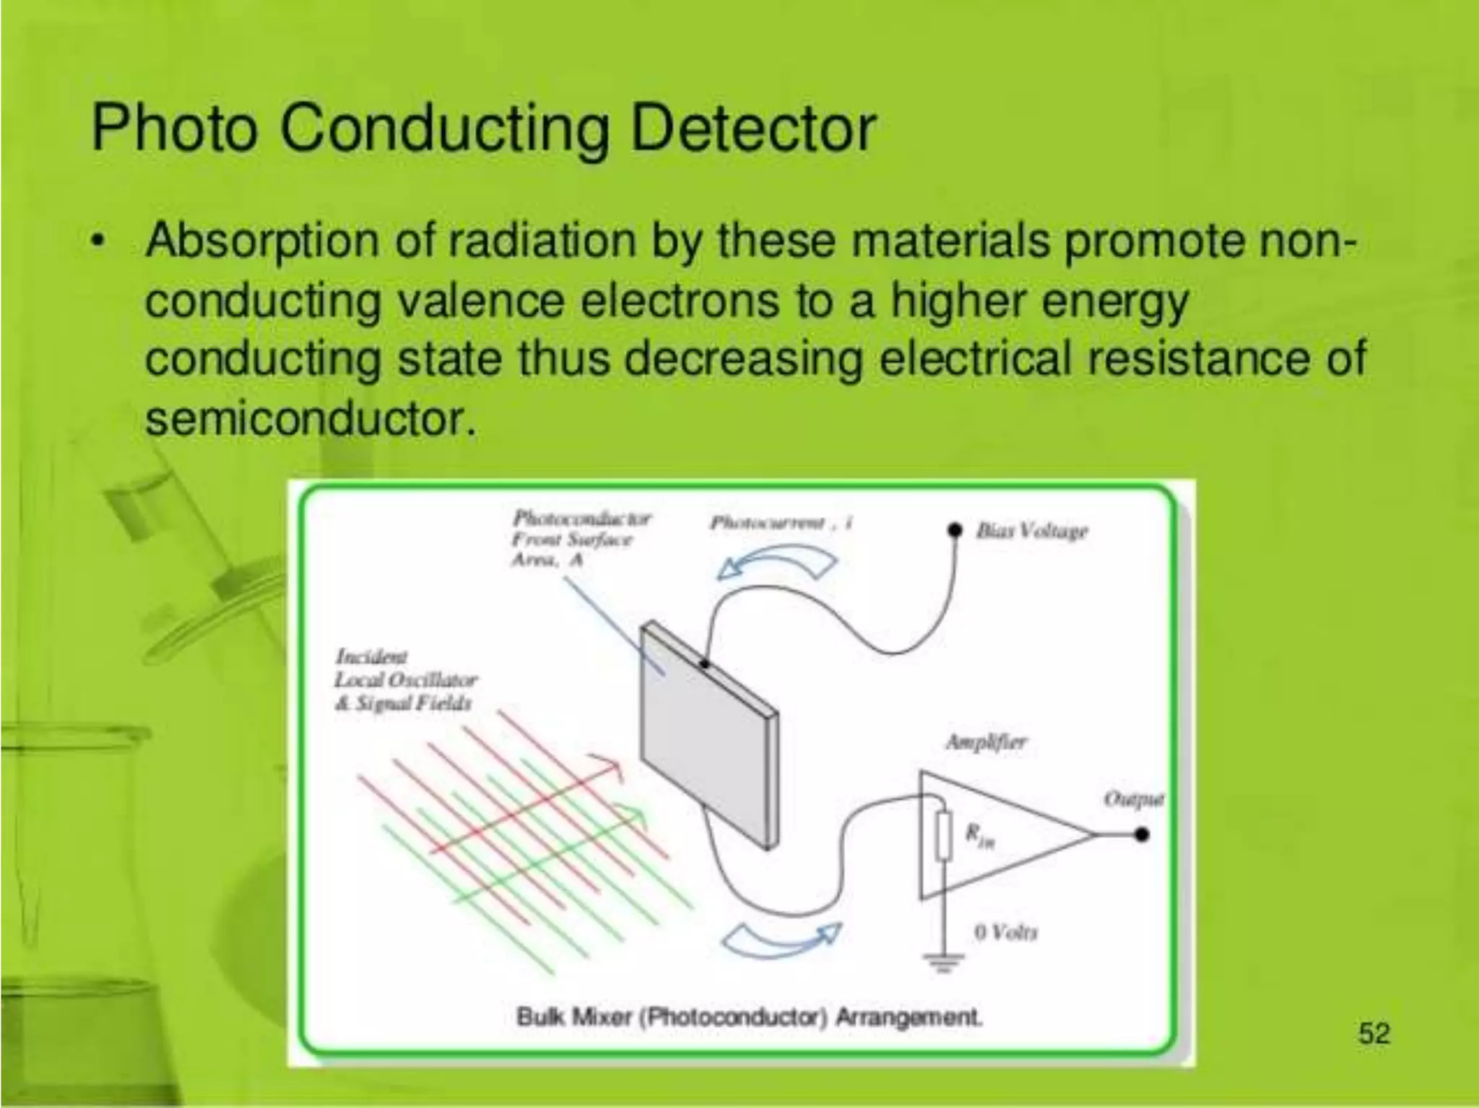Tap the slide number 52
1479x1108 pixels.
1374,1034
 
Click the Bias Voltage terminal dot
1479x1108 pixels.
955,531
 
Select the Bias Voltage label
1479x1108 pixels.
1031,531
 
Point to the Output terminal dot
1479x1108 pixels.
1142,835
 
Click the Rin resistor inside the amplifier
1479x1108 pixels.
942,836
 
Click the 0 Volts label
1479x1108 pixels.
1005,932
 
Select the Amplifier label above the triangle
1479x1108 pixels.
986,742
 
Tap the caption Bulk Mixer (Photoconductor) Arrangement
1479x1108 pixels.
749,1017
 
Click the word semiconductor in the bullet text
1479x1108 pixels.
311,417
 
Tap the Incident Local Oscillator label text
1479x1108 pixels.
404,680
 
